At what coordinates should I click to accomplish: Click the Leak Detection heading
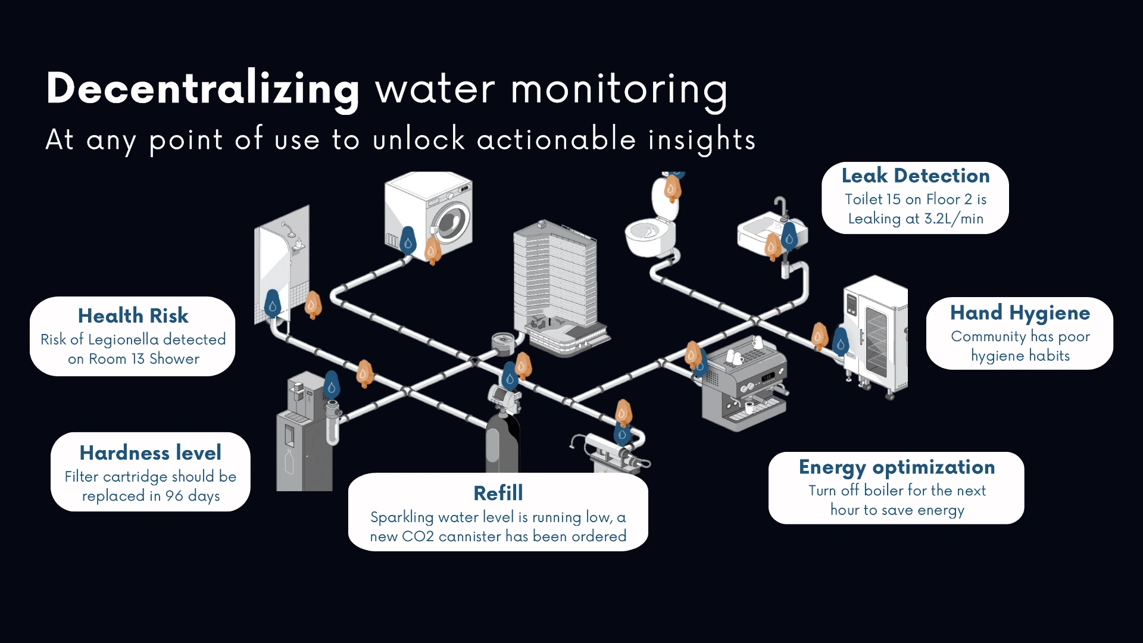915,176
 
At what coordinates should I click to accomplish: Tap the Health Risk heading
133,316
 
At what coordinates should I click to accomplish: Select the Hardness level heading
150,453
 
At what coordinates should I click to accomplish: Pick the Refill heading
498,493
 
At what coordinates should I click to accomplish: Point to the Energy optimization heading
897,467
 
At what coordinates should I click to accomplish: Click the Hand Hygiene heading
1020,313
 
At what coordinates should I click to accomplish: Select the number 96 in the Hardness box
174,496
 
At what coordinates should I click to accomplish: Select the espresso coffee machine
744,387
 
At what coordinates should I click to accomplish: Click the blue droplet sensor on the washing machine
408,241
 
